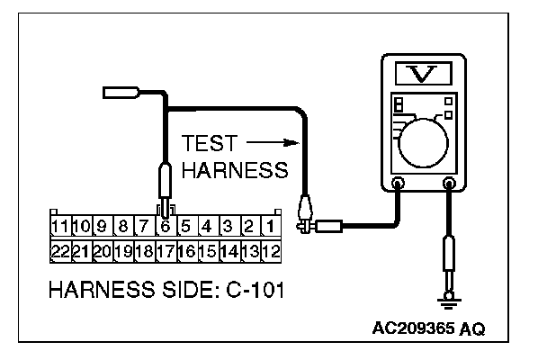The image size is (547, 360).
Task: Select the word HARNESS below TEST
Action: tap(234, 169)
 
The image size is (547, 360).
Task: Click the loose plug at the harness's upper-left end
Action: tap(119, 90)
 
